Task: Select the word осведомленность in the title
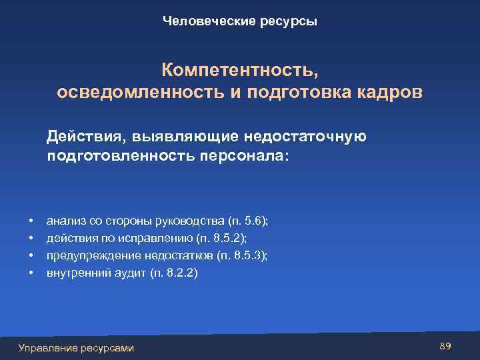(x=140, y=92)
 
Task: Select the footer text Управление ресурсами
(x=76, y=348)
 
